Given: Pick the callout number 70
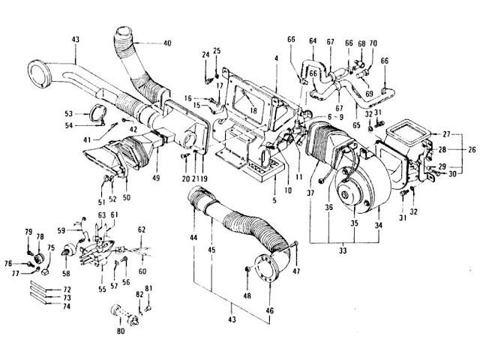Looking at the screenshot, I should coord(373,44).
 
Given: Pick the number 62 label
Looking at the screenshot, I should coord(141,229).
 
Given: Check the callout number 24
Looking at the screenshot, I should coord(204,54).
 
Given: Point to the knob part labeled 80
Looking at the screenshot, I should coord(124,311).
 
